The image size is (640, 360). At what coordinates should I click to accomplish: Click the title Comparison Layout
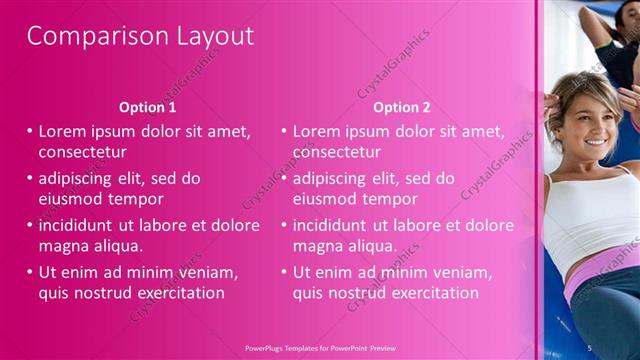140,36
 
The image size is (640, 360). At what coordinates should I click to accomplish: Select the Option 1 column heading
148,107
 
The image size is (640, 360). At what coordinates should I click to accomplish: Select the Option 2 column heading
402,107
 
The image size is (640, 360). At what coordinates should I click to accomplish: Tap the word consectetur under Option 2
337,152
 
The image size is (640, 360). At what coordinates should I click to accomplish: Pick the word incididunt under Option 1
82,225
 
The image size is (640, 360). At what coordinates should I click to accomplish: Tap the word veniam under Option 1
208,272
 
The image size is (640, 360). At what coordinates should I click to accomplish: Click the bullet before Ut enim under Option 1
30,272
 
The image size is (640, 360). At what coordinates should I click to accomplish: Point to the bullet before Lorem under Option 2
284,131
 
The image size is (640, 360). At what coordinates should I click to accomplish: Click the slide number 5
590,346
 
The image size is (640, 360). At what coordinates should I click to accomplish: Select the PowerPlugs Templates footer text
319,346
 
